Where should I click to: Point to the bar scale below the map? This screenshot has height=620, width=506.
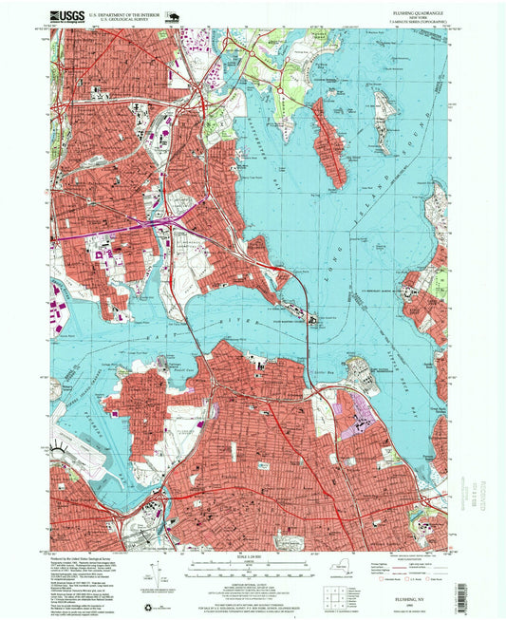coord(252,567)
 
